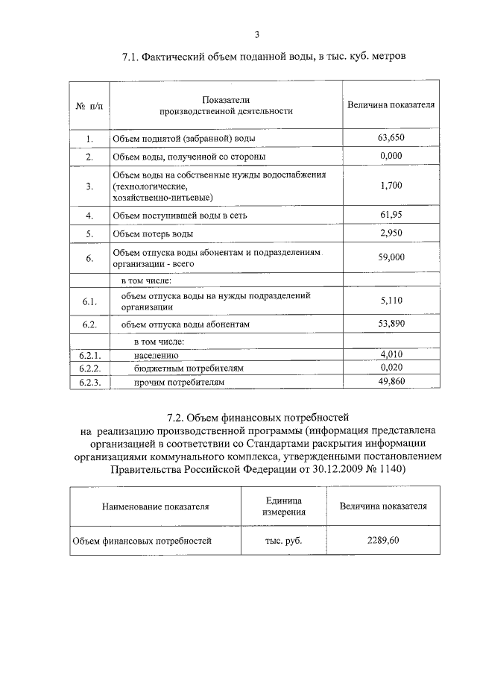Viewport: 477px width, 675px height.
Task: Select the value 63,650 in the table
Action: (x=391, y=138)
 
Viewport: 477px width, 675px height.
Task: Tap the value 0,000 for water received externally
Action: (x=391, y=156)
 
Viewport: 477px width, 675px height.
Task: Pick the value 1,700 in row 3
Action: (x=391, y=186)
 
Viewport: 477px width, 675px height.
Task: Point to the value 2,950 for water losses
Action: (x=391, y=233)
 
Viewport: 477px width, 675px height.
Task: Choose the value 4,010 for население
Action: (x=391, y=354)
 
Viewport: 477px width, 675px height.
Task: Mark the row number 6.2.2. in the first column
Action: (x=89, y=368)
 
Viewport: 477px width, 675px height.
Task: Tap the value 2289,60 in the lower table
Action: (x=383, y=540)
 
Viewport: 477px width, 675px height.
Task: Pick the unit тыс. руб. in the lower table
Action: (x=283, y=541)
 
